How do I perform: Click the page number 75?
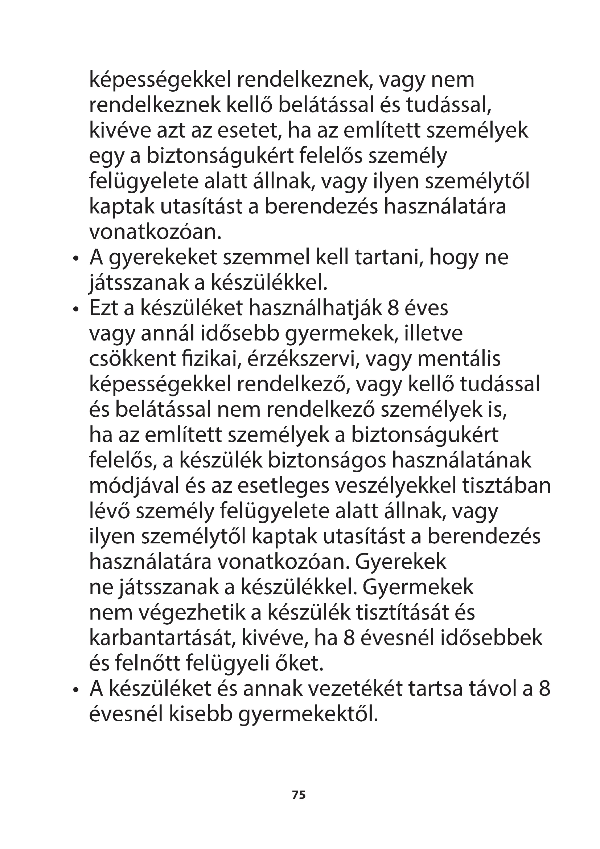(x=299, y=795)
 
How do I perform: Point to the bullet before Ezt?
(x=76, y=309)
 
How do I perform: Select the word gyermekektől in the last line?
(x=308, y=714)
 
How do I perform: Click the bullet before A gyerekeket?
(x=76, y=259)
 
